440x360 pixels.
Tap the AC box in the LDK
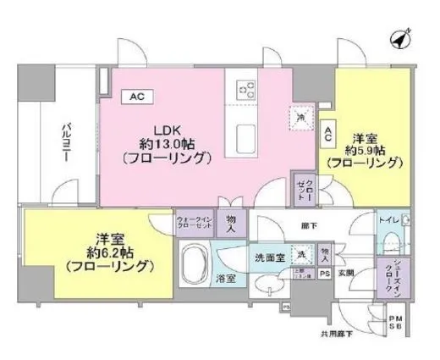[136, 97]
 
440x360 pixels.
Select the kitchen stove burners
[247, 87]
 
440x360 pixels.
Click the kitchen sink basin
[247, 138]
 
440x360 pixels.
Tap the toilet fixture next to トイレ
[407, 220]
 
